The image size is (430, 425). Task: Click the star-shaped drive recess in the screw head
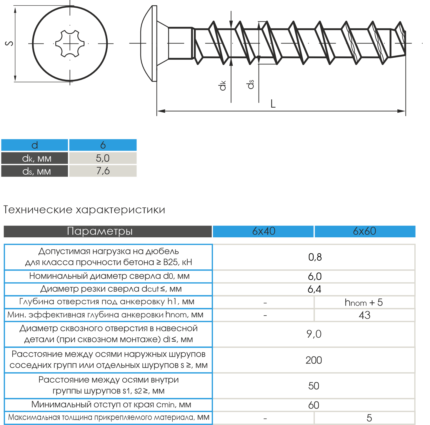[70, 44]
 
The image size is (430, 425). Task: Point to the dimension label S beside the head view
[9, 43]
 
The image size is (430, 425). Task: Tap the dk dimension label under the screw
[223, 85]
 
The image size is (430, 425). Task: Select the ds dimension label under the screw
[251, 84]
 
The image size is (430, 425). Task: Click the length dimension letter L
[273, 104]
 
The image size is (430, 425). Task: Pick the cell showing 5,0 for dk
[103, 158]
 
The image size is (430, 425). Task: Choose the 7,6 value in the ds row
[103, 171]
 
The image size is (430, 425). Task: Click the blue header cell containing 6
[103, 145]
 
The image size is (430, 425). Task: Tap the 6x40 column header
[264, 231]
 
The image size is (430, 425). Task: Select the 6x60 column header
[364, 231]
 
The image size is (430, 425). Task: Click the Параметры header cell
[100, 231]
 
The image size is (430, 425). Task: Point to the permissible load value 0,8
[315, 257]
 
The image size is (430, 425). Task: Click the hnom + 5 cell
[364, 302]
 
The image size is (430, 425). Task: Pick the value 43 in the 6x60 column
[364, 315]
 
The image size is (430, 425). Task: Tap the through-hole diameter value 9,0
[314, 334]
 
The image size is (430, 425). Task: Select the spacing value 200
[314, 360]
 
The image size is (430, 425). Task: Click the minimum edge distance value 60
[314, 405]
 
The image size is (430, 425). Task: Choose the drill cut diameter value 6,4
[314, 289]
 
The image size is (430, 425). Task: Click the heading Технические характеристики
[84, 210]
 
